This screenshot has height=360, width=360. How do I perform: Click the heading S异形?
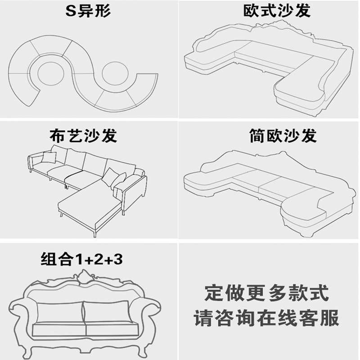click(x=88, y=10)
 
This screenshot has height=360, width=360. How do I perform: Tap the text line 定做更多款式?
click(x=266, y=294)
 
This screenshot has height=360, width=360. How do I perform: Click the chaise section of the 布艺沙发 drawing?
click(x=90, y=207)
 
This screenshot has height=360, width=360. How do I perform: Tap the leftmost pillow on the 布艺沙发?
click(x=49, y=157)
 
